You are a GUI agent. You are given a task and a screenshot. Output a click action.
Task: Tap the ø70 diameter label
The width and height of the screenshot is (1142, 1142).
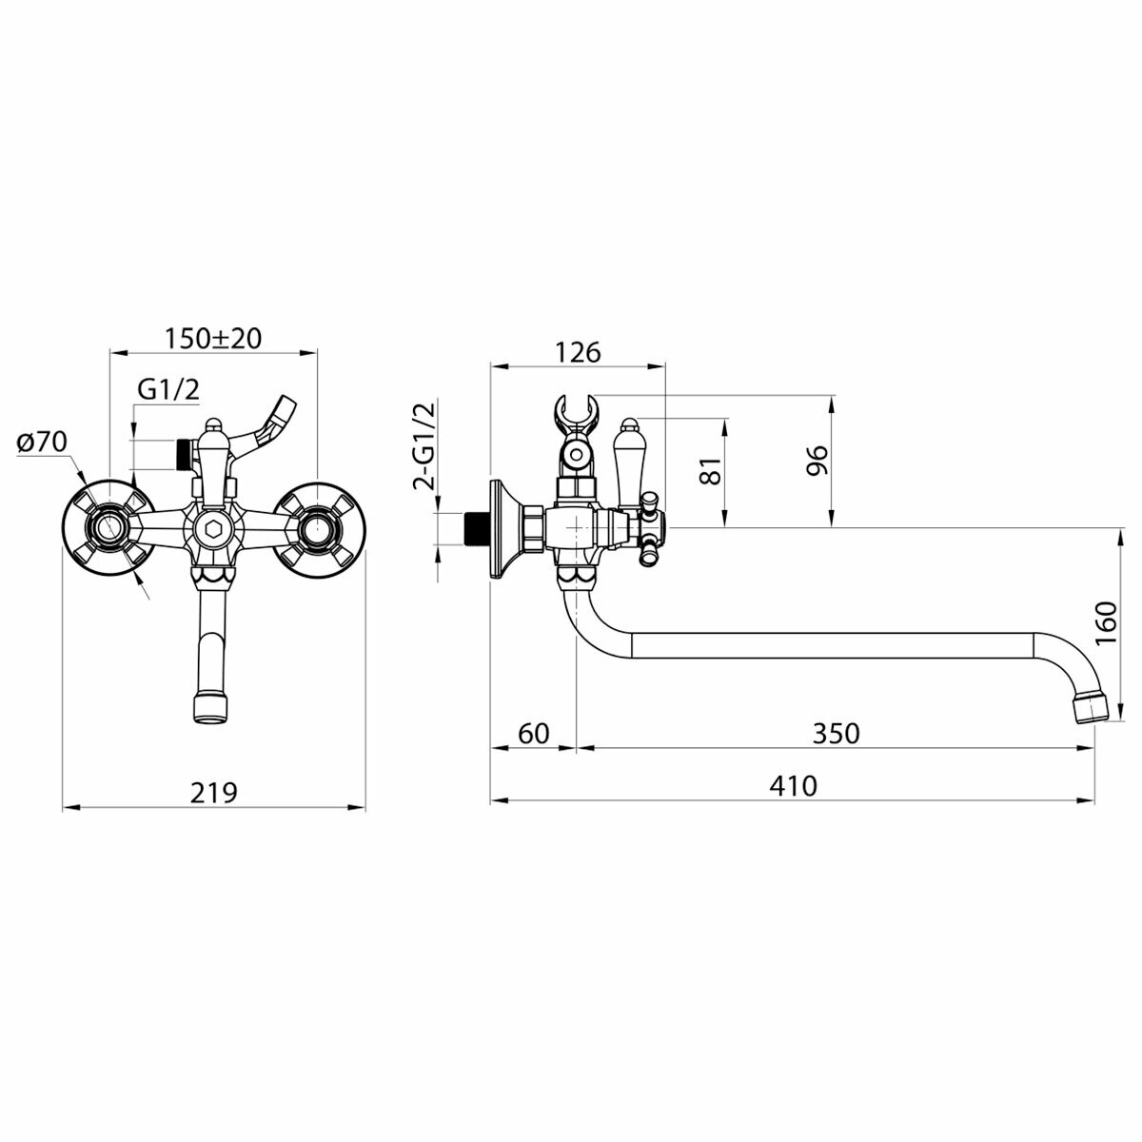click(40, 442)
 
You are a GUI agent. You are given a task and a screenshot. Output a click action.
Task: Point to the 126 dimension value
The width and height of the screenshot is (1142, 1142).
click(579, 352)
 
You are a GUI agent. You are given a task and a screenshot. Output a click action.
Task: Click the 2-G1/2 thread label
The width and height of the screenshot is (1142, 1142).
click(423, 444)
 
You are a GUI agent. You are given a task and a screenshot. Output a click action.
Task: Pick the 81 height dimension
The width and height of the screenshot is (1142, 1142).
click(710, 468)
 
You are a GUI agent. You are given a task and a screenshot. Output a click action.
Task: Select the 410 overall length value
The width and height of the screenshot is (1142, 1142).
click(794, 786)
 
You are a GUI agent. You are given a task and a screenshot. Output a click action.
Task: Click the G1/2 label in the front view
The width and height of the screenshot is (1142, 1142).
click(169, 388)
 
